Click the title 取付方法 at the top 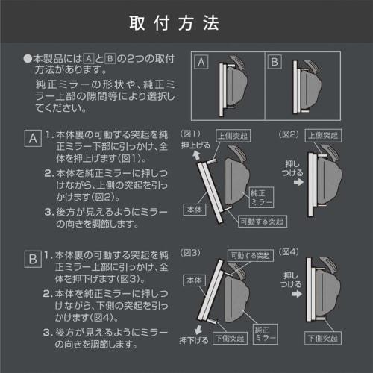coord(186,23)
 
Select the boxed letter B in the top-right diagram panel coord(274,63)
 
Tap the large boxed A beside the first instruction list coord(32,139)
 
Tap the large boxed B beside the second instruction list coord(32,260)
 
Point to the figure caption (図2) coord(289,134)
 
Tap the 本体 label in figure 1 coord(194,211)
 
